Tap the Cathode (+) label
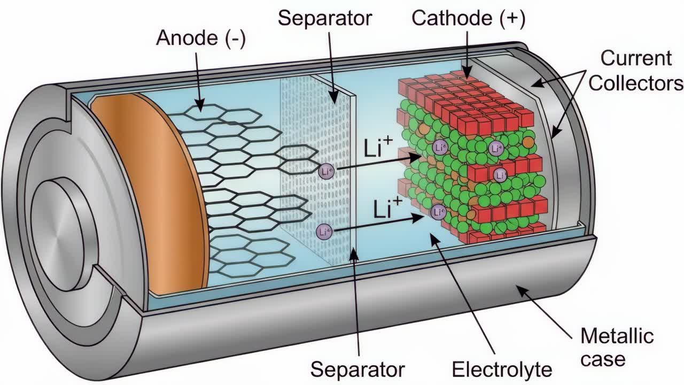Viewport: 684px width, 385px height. (x=468, y=18)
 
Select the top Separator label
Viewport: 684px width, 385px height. (x=324, y=18)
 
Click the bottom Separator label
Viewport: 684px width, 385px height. (x=357, y=369)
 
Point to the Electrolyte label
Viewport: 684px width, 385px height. (x=502, y=369)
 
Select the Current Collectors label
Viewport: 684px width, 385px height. (x=636, y=71)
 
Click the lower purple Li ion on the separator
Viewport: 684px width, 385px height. (x=323, y=232)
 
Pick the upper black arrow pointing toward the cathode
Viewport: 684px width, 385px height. (x=379, y=163)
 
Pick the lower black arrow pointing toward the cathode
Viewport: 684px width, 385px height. (x=379, y=224)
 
